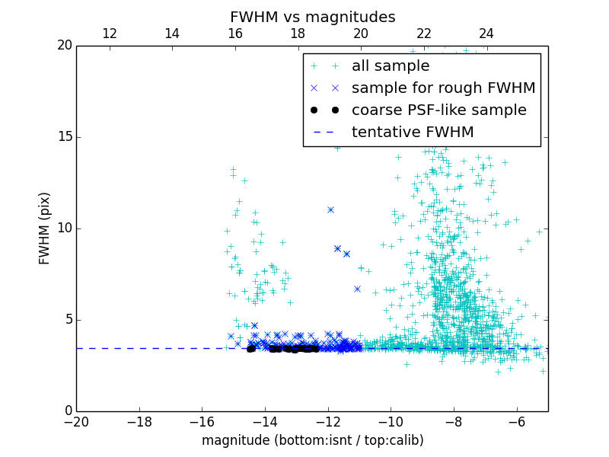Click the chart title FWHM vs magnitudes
pos(312,17)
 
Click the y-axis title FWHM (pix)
pos(45,228)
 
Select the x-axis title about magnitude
pos(312,440)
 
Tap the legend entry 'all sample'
pos(390,66)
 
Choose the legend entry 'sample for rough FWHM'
pos(443,88)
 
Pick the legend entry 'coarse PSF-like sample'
pos(438,110)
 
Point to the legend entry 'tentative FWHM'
pos(413,133)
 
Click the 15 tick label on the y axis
pos(63,137)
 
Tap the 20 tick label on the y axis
pos(63,46)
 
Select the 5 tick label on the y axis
pos(67,320)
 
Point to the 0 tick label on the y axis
pos(67,411)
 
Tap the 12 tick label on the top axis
pos(109,34)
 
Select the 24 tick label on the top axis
pos(486,34)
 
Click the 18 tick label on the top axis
pos(298,34)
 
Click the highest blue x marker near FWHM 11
pos(330,209)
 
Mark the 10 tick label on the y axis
pos(63,228)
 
